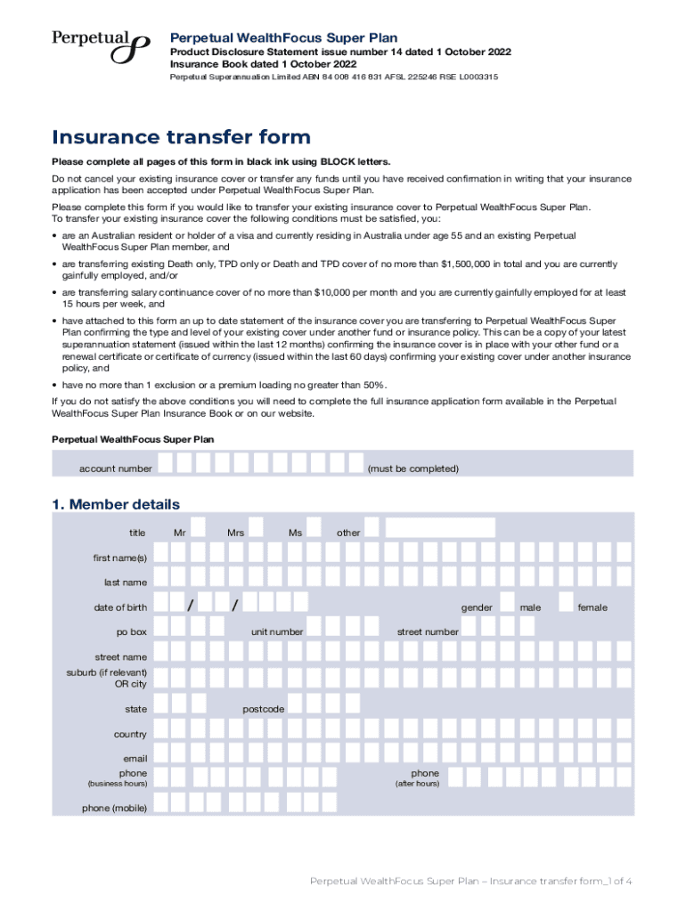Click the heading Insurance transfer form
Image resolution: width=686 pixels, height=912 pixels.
[x=181, y=137]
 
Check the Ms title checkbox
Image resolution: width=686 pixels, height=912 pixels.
[x=314, y=528]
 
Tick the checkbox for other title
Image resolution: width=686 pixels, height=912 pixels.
[x=373, y=528]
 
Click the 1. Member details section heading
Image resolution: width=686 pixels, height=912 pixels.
[x=115, y=505]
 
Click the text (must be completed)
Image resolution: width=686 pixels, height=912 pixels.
[x=412, y=468]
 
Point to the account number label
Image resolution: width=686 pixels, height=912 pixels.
[x=115, y=468]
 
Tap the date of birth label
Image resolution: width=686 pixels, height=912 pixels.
[x=120, y=607]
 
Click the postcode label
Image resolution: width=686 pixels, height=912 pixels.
[x=263, y=709]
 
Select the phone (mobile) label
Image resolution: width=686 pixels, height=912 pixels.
[x=114, y=808]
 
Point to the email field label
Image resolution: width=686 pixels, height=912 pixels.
[x=134, y=759]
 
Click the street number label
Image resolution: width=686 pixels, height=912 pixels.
[x=428, y=631]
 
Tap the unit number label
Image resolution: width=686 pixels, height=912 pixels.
[x=276, y=631]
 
